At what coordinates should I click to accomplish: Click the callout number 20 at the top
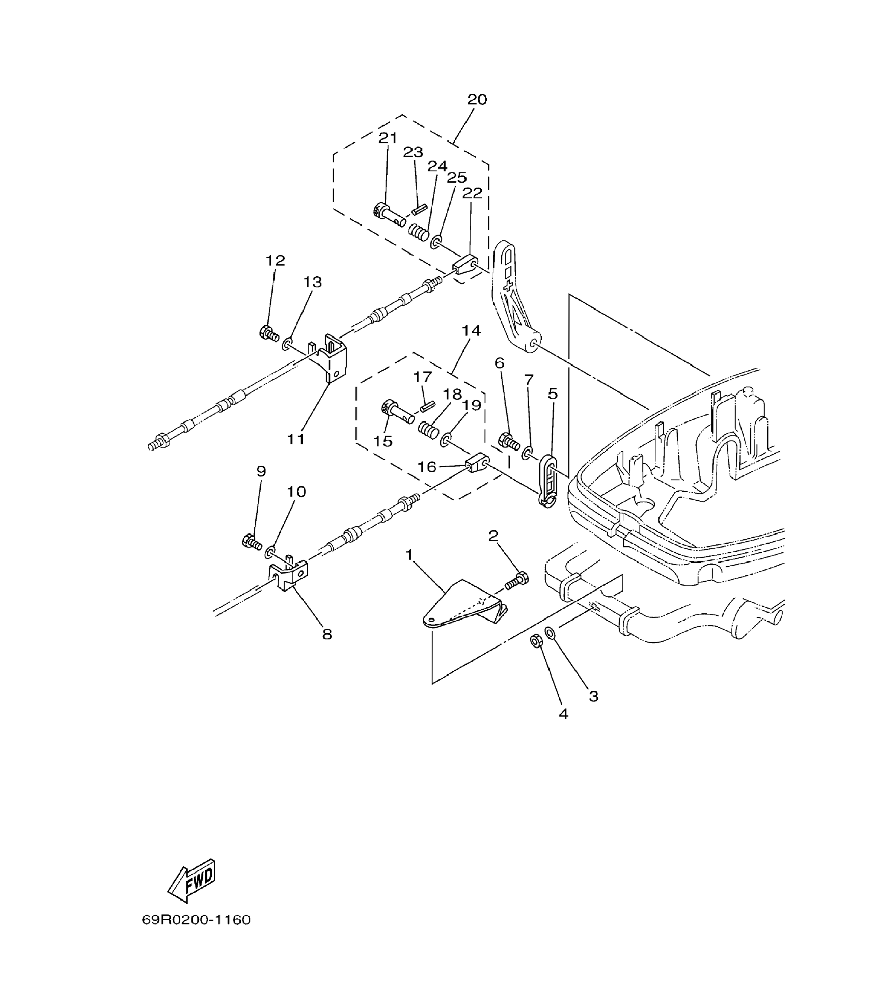point(477,100)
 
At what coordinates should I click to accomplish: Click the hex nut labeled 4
point(535,641)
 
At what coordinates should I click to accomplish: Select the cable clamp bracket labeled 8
point(288,574)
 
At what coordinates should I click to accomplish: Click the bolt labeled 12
point(268,333)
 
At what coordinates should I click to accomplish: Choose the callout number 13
point(313,282)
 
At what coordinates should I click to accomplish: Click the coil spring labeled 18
point(428,431)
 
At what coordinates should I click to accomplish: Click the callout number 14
point(471,331)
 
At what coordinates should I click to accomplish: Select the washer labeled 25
point(436,242)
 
